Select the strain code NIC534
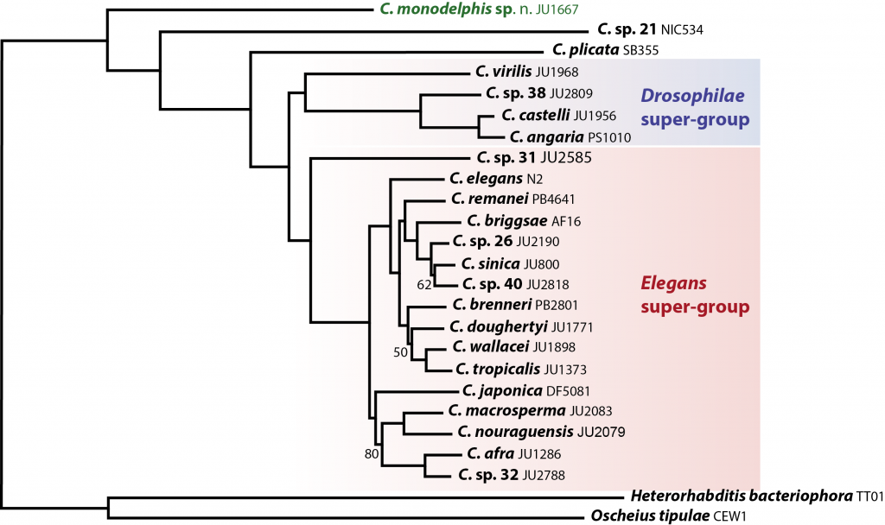click(x=682, y=30)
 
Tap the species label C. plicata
click(x=586, y=49)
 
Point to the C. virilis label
click(x=504, y=72)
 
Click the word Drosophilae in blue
click(x=692, y=96)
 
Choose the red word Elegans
click(x=673, y=283)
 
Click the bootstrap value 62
click(x=424, y=285)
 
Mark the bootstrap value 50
click(x=400, y=352)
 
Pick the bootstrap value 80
click(x=372, y=454)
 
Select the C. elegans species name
click(x=486, y=179)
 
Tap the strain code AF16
click(x=566, y=222)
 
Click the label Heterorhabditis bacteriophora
click(x=742, y=497)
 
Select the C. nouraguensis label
click(x=515, y=432)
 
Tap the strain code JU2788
click(x=544, y=476)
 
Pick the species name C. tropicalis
click(x=498, y=370)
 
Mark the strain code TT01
click(x=869, y=497)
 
